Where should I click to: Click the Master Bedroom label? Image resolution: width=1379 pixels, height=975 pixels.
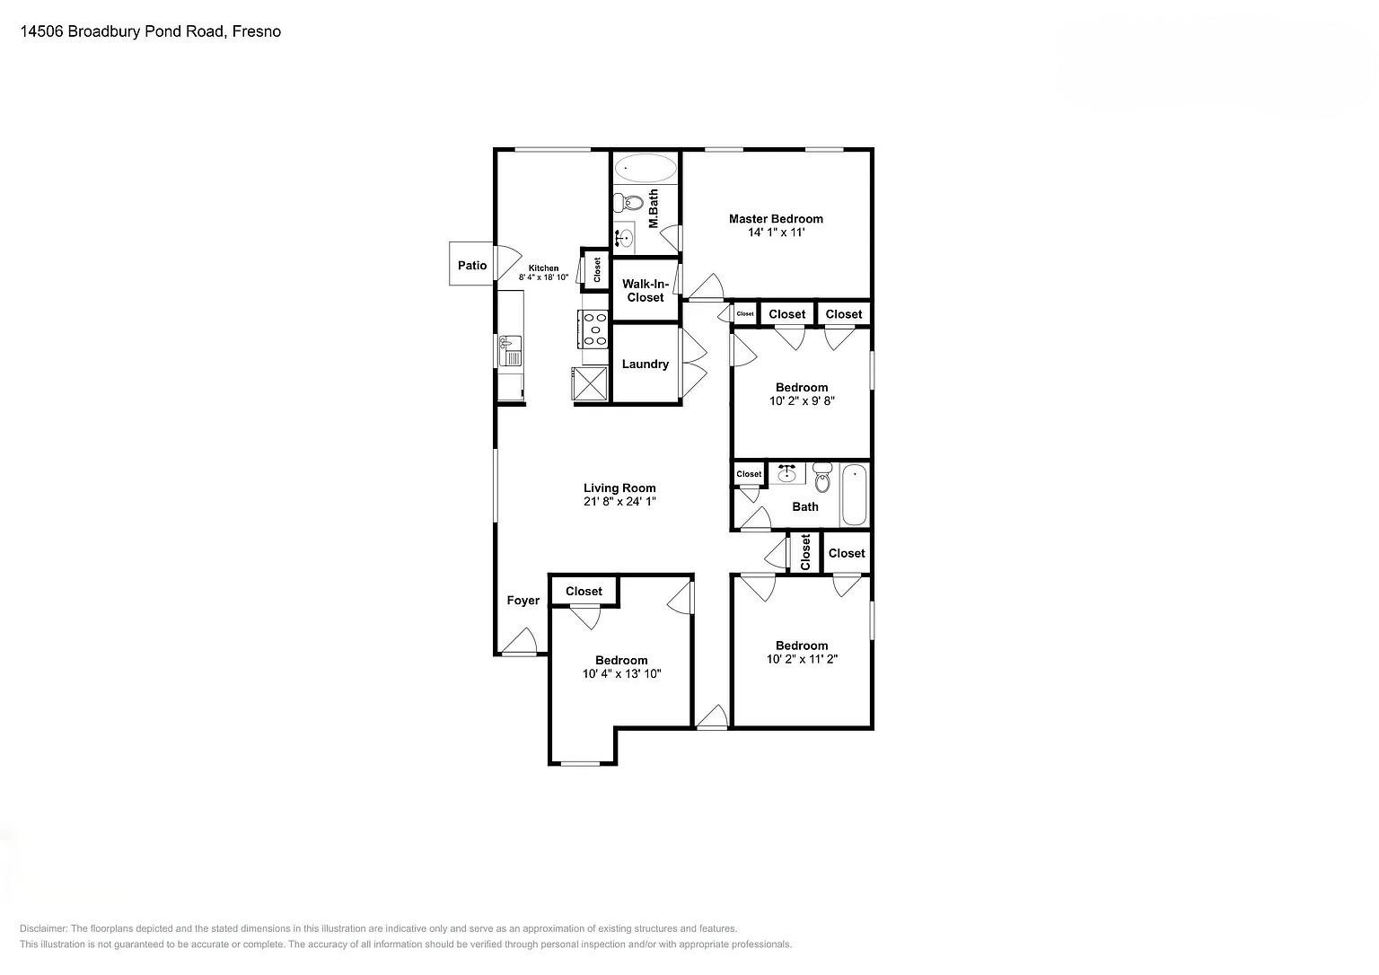[776, 218]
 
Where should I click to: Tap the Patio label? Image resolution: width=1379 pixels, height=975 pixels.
[472, 265]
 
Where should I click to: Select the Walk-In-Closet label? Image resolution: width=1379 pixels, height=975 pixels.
[645, 290]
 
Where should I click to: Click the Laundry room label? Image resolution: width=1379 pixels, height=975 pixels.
[645, 364]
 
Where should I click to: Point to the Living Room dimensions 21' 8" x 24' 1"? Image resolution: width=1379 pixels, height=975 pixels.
[619, 502]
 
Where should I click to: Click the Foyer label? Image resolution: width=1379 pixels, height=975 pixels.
[523, 601]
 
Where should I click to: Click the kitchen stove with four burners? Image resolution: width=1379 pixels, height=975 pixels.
[593, 328]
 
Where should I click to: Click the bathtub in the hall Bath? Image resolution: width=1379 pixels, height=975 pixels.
[854, 495]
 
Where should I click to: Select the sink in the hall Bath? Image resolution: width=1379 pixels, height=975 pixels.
[787, 473]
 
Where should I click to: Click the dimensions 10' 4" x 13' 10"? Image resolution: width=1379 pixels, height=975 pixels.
[621, 673]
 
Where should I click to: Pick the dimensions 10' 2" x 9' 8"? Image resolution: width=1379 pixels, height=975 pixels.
[802, 401]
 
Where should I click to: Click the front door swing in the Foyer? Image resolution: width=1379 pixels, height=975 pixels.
[519, 641]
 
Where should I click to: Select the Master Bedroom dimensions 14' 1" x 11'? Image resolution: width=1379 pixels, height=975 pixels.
[776, 233]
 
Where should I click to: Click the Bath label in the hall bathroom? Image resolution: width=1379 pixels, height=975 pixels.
[805, 506]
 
